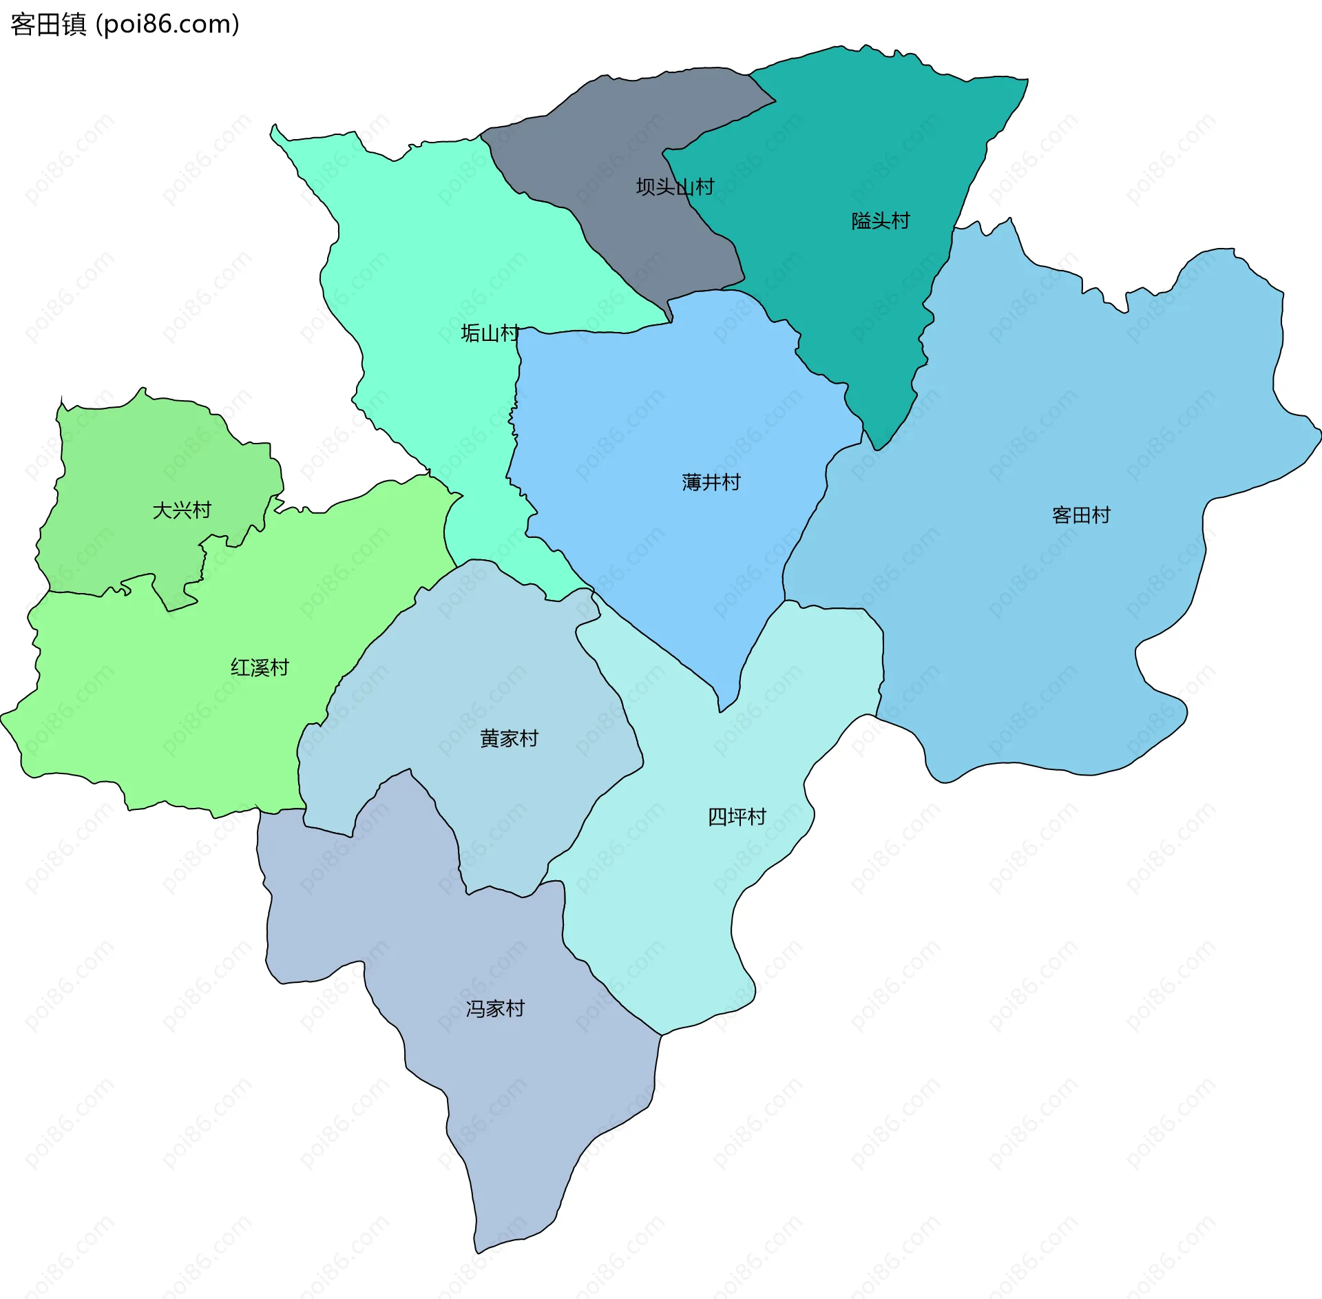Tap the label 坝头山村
click(675, 187)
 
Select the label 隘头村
click(881, 220)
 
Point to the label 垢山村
click(490, 333)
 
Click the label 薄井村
click(711, 482)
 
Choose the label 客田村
click(1081, 515)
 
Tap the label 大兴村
click(182, 510)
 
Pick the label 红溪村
click(260, 667)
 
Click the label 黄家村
click(509, 738)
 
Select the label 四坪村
click(737, 817)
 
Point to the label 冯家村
click(495, 1008)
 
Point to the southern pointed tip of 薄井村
click(720, 709)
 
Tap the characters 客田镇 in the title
click(48, 24)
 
